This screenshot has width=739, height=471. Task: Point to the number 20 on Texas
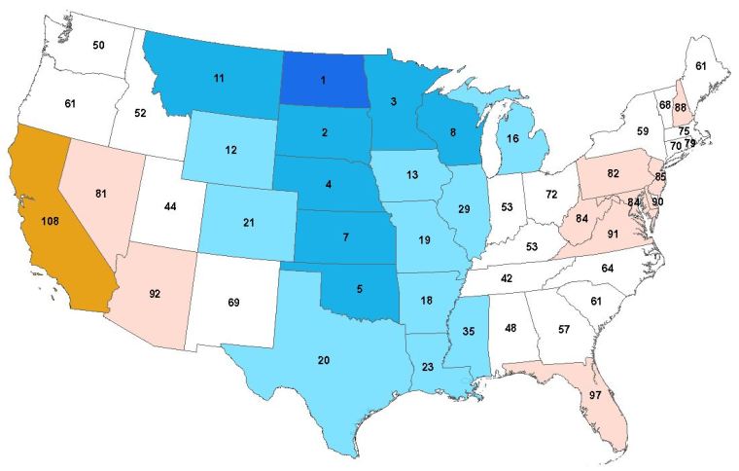pos(324,361)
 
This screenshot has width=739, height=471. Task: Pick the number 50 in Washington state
pos(98,45)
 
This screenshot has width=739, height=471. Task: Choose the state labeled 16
pos(512,140)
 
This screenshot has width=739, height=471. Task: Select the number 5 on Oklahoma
pos(361,288)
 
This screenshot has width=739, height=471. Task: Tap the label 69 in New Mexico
pos(233,304)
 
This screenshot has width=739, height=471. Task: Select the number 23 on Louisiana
pos(429,367)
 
